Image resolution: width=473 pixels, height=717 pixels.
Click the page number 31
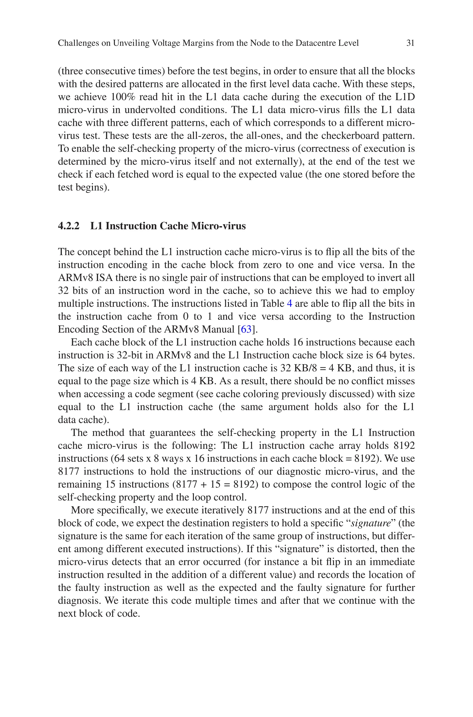tap(410, 43)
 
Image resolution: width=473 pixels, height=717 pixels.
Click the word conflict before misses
tap(374, 381)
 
